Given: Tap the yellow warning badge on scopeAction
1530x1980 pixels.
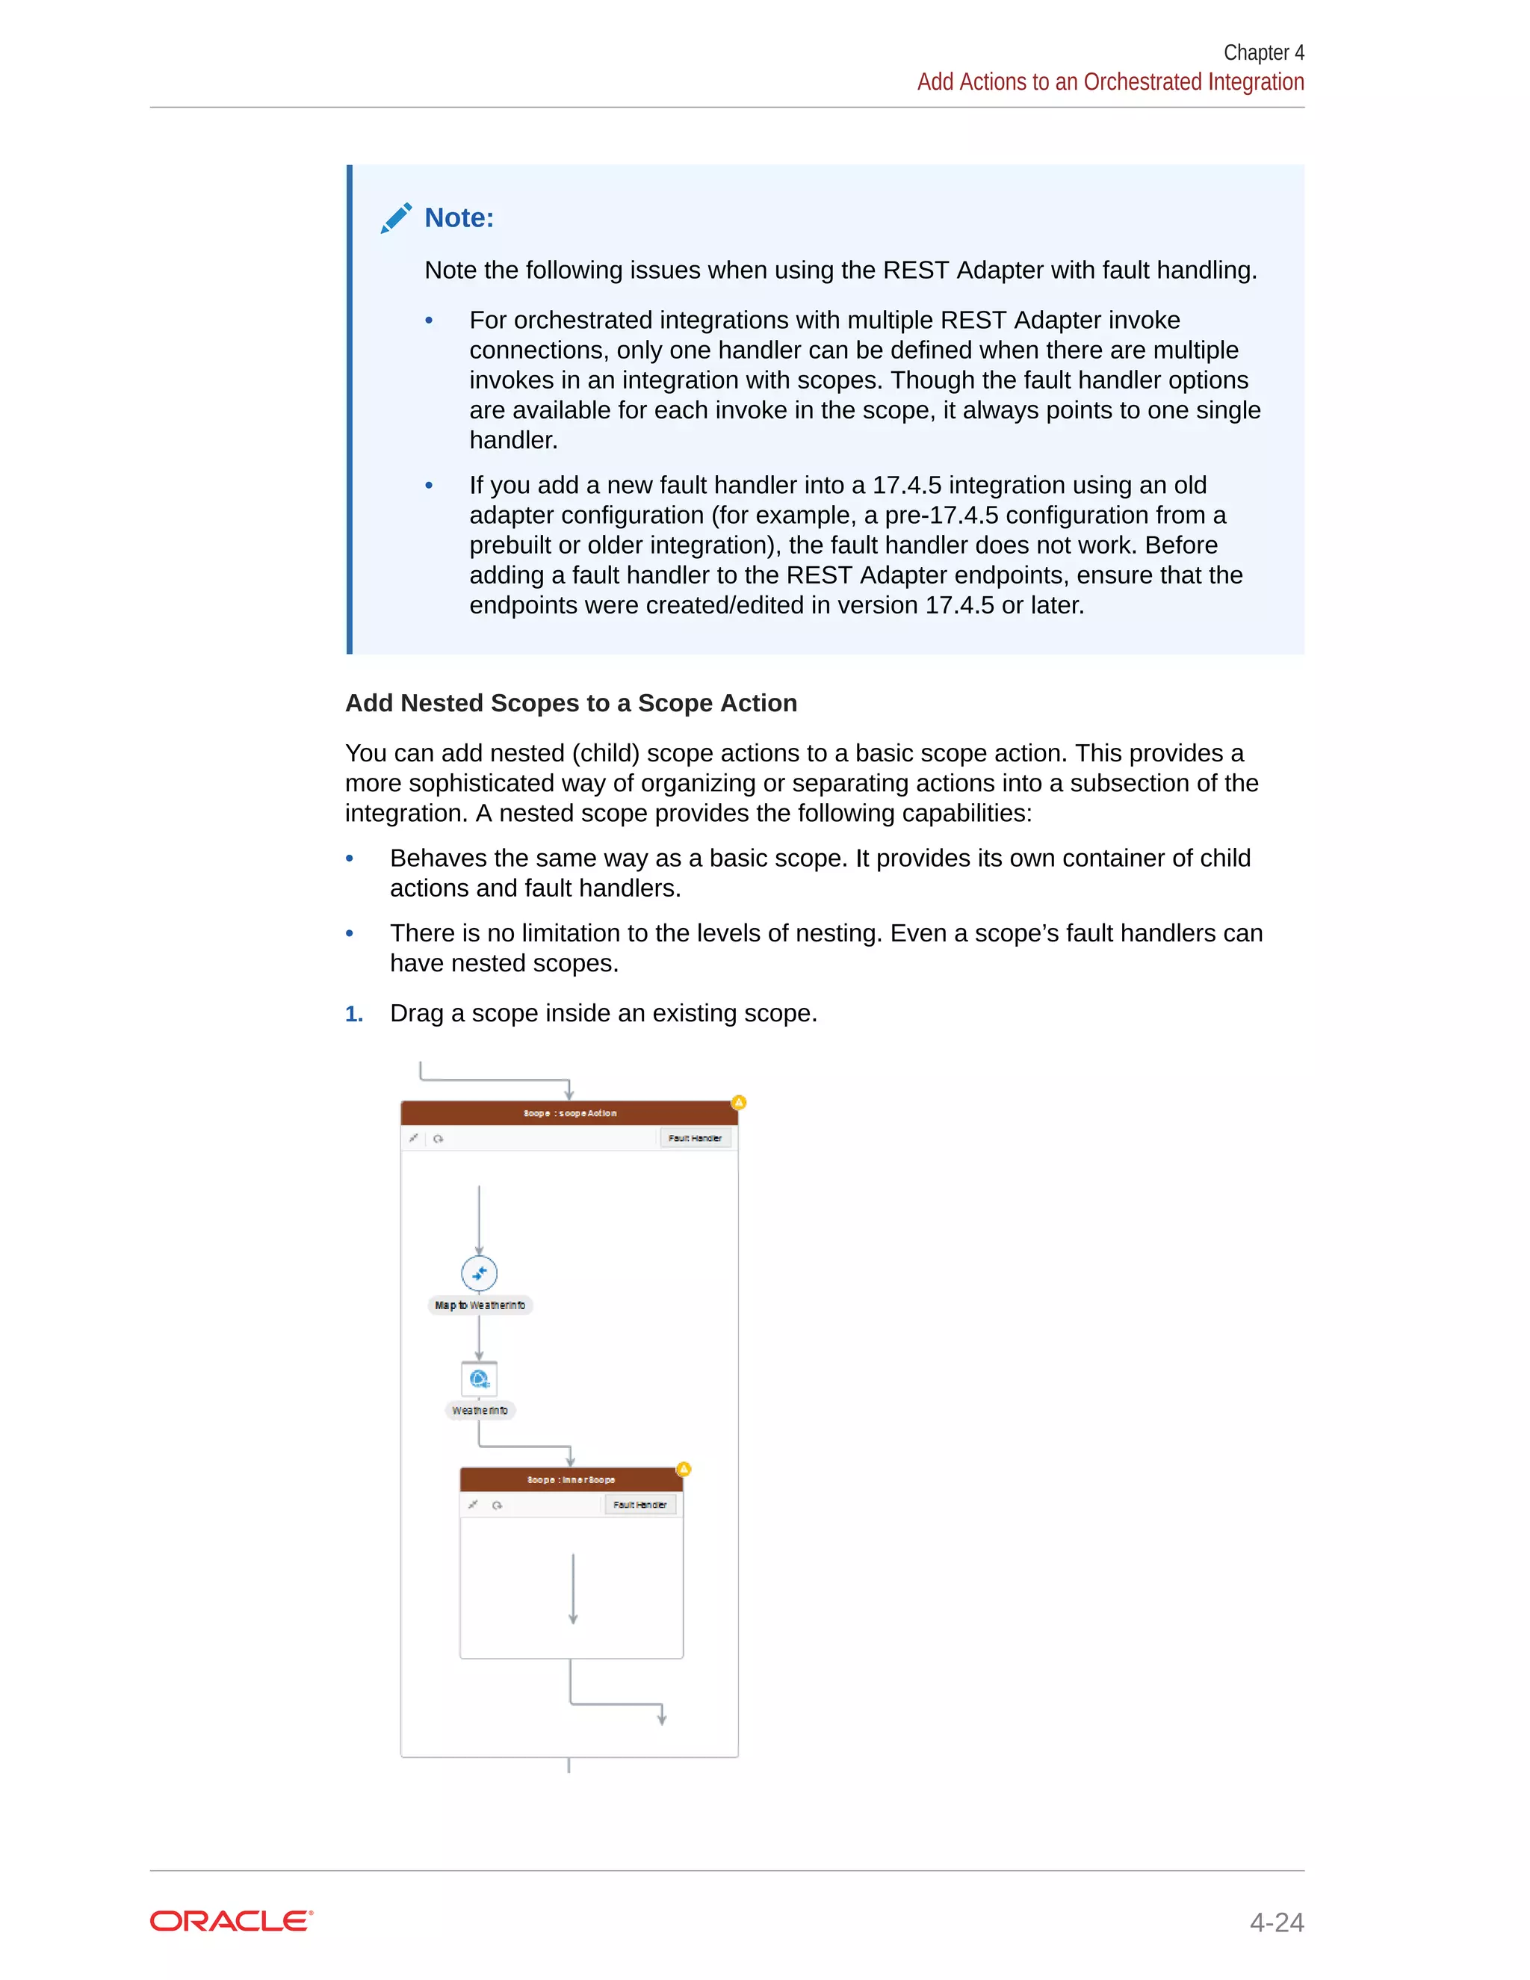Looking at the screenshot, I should click(739, 1102).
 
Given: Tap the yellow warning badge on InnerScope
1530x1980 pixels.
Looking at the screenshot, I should click(684, 1469).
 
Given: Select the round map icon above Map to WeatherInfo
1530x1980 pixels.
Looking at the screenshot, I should click(480, 1273).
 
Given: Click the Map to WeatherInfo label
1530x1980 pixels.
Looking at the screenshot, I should click(480, 1305).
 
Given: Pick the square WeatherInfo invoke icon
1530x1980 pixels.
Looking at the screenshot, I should click(480, 1379).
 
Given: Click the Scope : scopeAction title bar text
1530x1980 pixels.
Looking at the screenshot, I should click(569, 1113).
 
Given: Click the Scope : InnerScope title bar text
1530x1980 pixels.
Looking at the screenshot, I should click(571, 1479).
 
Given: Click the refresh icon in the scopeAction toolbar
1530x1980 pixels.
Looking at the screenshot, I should click(439, 1139).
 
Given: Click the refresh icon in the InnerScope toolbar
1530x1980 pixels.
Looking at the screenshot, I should click(497, 1505).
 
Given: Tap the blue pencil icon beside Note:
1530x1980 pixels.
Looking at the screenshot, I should click(396, 217).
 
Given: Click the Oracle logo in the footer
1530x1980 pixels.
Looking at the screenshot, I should click(231, 1921).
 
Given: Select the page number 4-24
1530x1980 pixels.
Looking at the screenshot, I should click(1276, 1922).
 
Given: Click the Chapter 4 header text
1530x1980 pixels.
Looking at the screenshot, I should click(1263, 52).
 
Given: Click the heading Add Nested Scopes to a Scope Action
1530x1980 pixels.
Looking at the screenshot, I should click(571, 704).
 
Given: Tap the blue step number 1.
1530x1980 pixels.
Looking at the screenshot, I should click(353, 1014).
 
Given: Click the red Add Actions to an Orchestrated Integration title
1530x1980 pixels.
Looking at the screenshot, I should click(1110, 81).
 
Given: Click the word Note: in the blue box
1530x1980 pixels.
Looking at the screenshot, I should click(459, 217).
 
